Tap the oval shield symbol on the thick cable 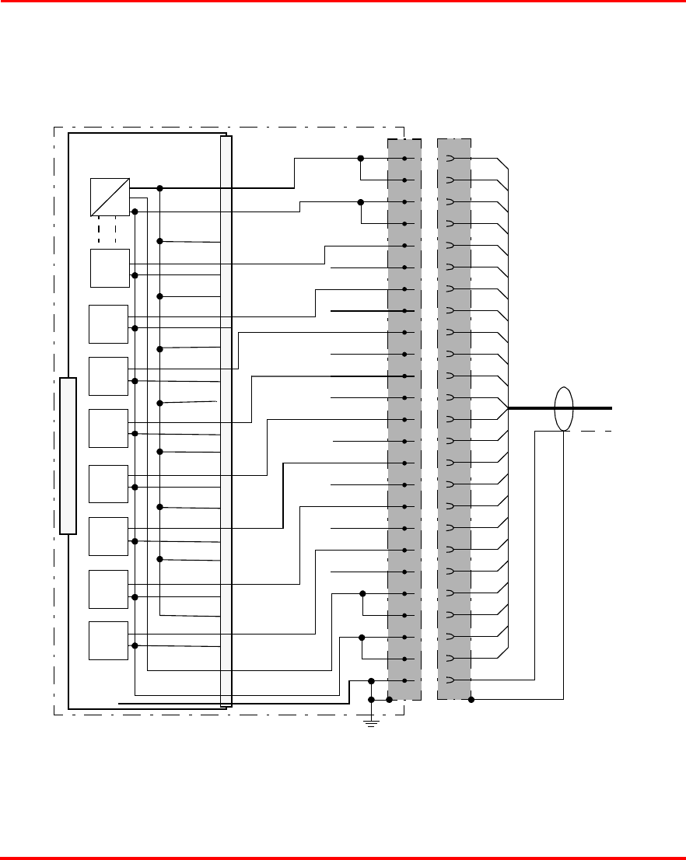point(564,407)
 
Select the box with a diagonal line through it point(110,197)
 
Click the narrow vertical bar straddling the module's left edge point(68,456)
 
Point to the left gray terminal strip point(404,420)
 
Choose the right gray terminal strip point(454,420)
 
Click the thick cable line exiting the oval point(595,407)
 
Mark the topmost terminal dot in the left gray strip point(405,159)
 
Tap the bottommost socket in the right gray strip point(450,680)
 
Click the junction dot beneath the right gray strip point(471,699)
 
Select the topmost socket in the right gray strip point(450,159)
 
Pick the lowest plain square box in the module point(108,641)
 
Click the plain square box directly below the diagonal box point(109,268)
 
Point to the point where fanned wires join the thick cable point(508,407)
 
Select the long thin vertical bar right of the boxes point(226,420)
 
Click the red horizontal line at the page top point(343,2)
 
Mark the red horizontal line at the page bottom point(343,858)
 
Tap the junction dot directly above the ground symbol point(371,699)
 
